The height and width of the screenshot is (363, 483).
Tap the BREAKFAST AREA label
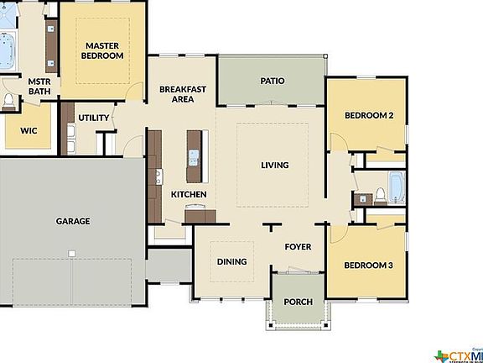(x=183, y=93)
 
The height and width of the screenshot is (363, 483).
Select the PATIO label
(x=271, y=82)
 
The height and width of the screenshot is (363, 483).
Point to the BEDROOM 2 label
(x=369, y=115)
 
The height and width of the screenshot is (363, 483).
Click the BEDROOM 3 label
(x=369, y=266)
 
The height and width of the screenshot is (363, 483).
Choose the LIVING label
(x=274, y=165)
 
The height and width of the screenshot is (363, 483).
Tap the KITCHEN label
(x=189, y=195)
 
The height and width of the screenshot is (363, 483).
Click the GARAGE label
(x=73, y=221)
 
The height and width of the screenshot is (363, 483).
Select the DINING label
(x=231, y=261)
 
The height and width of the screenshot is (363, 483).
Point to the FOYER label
(x=298, y=247)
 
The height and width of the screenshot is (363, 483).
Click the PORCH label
(x=298, y=302)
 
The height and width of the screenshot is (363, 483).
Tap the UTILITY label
(x=94, y=118)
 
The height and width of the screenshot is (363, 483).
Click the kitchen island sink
(x=195, y=155)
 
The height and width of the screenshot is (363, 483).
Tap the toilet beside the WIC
(x=8, y=102)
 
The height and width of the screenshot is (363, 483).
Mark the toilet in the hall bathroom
(x=379, y=196)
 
